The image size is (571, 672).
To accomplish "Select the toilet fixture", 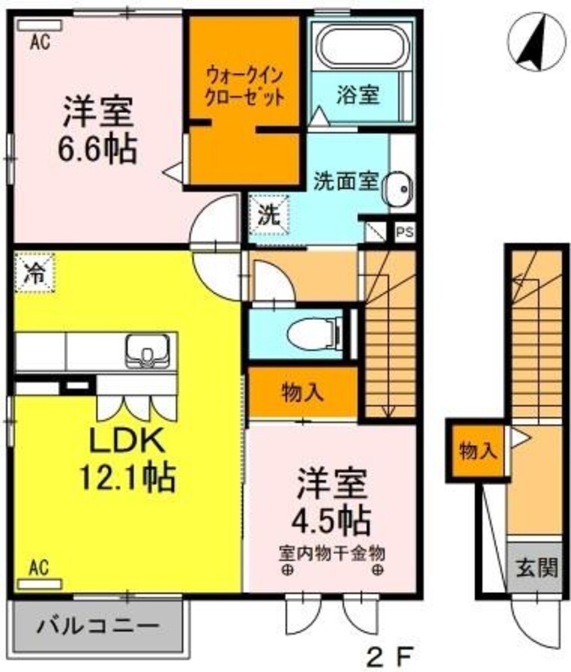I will point(314,332).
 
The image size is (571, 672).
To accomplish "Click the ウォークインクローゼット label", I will point(244,84).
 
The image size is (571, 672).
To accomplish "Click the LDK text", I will point(128,444).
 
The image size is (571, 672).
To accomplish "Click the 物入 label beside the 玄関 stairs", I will point(477,450).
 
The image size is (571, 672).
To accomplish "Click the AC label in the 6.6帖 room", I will point(40,42).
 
